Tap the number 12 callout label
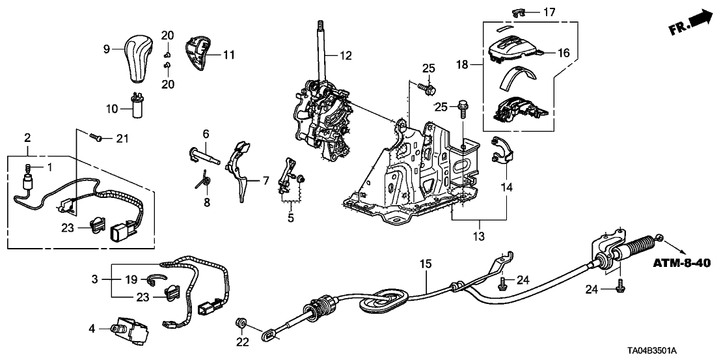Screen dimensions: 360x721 [x=346, y=57]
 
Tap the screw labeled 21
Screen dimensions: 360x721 [x=97, y=137]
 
